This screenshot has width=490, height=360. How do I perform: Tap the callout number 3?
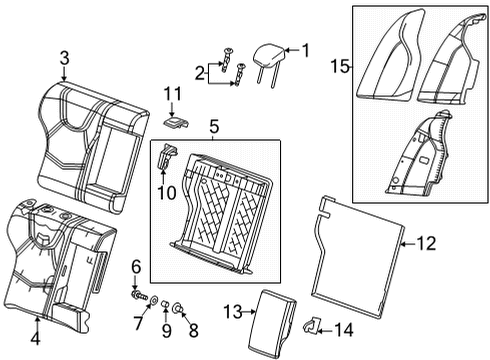[63, 59]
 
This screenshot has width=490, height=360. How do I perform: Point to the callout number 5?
[211, 128]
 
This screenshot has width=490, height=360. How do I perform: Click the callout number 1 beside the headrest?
[306, 48]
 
